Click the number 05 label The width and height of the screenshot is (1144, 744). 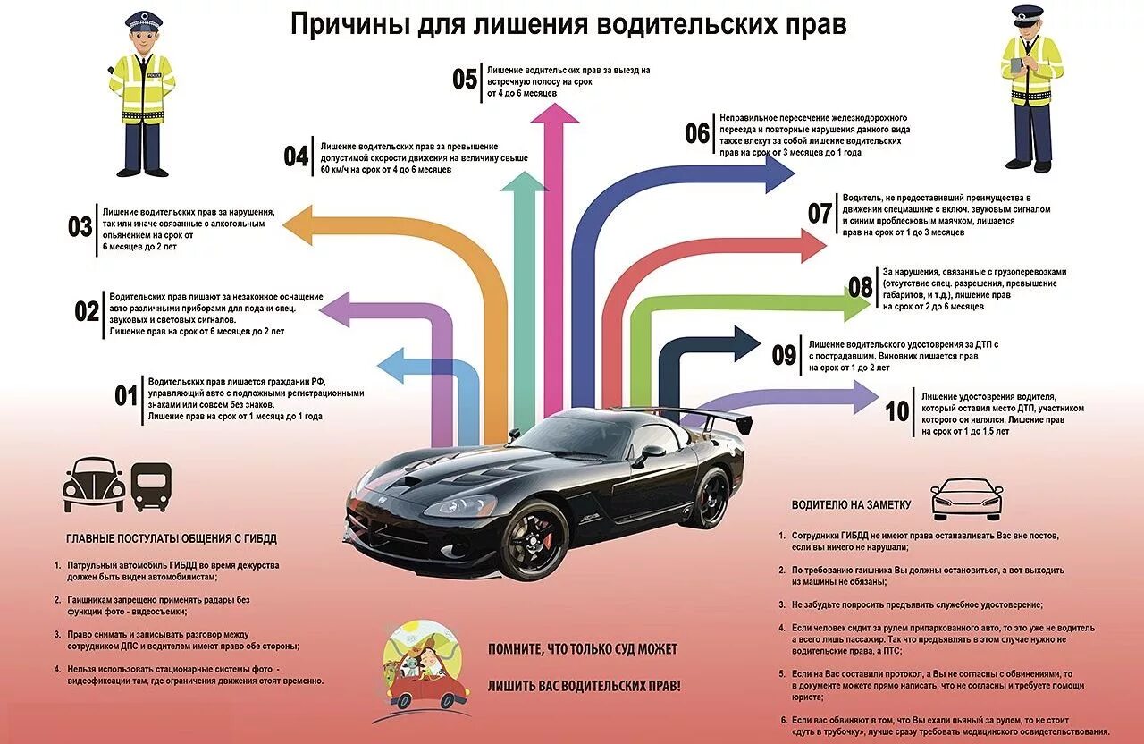tap(465, 79)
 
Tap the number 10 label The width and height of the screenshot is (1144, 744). tap(897, 411)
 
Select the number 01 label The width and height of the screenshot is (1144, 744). tap(126, 395)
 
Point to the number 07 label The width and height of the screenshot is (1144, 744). tap(820, 213)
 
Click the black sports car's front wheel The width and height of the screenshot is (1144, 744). tap(534, 540)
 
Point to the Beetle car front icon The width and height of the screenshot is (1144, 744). tap(94, 485)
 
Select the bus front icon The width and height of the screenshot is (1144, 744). tap(150, 486)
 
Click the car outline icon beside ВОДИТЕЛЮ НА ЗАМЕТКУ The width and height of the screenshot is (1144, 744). tap(966, 499)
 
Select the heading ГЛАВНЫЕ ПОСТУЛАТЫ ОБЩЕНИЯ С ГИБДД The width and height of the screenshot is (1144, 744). tap(172, 538)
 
